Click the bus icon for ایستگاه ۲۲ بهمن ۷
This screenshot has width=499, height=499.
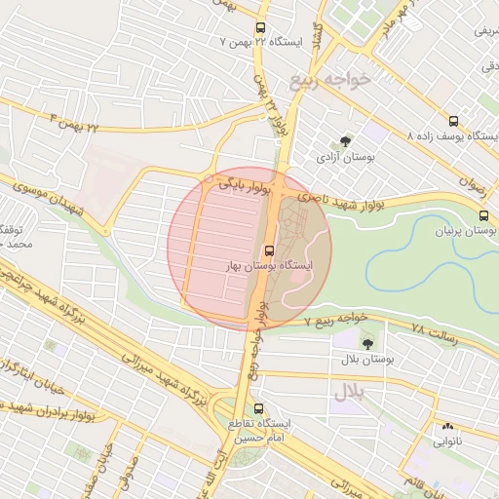[x=260, y=29]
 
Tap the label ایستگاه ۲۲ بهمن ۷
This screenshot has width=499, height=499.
[x=262, y=43]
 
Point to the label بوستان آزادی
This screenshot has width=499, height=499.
[x=343, y=156]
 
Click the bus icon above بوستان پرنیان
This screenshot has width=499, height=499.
[x=484, y=216]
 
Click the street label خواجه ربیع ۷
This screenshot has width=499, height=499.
[x=335, y=320]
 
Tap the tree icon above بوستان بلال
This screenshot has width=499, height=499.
[x=367, y=344]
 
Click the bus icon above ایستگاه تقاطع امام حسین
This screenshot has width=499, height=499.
[x=258, y=409]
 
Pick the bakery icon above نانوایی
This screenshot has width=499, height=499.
[x=447, y=426]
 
